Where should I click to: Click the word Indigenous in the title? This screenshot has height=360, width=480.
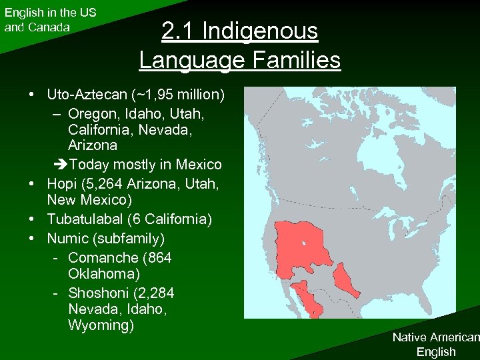(x=259, y=31)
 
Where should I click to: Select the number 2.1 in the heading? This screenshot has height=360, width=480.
(x=178, y=31)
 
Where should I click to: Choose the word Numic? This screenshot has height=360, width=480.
(x=66, y=238)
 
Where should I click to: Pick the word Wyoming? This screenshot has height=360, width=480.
(x=101, y=325)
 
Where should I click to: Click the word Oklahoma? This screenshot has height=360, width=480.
(x=103, y=274)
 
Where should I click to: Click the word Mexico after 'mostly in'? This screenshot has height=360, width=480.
(x=197, y=164)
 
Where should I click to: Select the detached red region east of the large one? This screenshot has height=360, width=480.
(x=346, y=279)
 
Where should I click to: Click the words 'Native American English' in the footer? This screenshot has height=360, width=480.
(x=435, y=344)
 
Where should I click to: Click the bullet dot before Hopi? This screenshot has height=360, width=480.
(x=32, y=183)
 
